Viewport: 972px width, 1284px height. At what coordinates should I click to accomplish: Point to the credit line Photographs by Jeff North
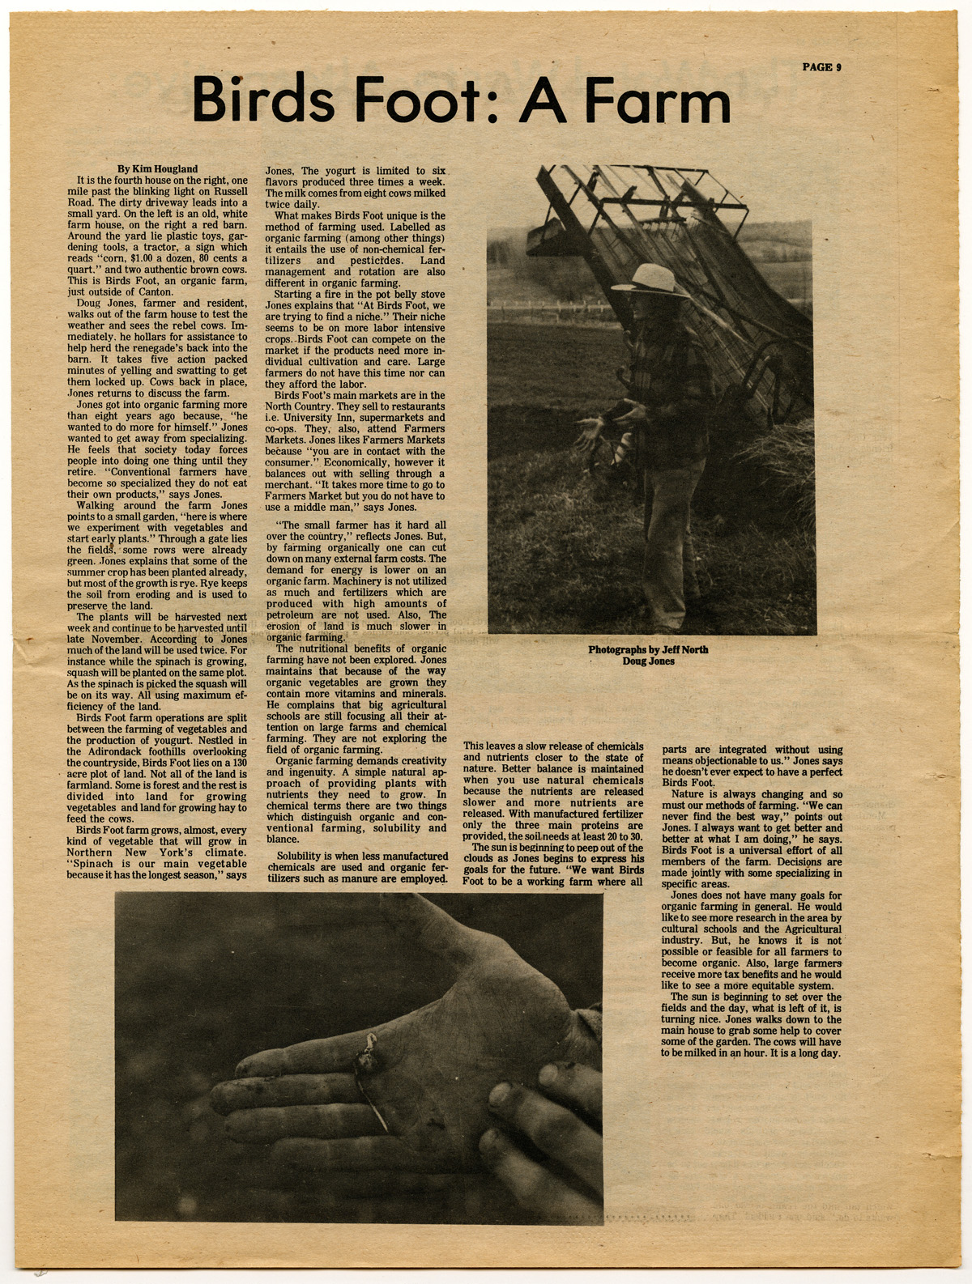(x=648, y=649)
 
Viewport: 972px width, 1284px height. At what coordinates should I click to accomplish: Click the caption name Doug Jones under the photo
(x=648, y=661)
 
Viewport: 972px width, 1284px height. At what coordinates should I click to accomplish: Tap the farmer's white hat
(x=652, y=280)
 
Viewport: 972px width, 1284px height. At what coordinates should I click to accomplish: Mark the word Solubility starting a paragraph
(x=305, y=857)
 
